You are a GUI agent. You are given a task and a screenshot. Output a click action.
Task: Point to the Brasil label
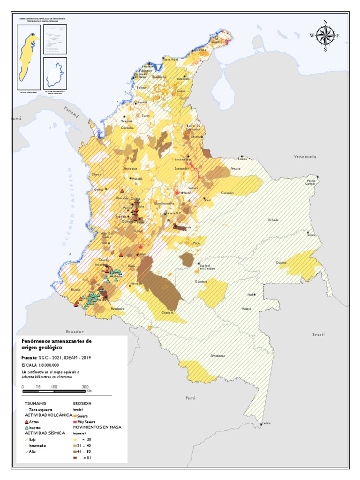point(318,335)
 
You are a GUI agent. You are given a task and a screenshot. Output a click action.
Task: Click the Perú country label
point(190,397)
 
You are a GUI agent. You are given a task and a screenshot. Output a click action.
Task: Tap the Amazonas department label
point(218,355)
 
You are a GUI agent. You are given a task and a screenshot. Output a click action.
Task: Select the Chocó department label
point(96,174)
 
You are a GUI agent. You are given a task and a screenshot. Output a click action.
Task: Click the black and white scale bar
point(54,390)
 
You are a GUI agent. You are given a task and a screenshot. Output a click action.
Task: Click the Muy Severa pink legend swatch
point(75,422)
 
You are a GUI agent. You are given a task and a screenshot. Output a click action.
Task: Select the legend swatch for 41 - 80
point(75,451)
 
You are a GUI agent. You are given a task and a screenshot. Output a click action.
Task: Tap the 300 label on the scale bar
point(85,386)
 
